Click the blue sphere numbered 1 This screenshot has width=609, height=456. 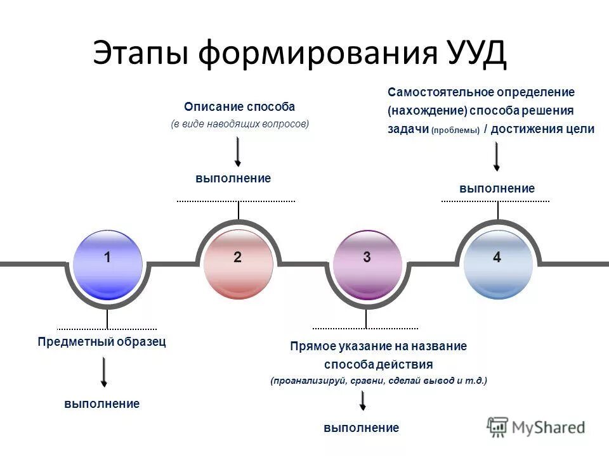[107, 265]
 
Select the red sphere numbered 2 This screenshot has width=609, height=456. [239, 265]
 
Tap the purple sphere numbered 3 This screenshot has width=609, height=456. [367, 265]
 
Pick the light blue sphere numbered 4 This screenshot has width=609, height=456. [498, 265]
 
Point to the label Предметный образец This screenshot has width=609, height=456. [101, 342]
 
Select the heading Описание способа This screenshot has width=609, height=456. [240, 107]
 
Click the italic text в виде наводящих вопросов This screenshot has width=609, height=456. [240, 124]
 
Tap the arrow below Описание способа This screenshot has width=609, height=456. [238, 151]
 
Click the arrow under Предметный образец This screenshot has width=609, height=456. [104, 372]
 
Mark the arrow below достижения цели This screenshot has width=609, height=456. [497, 156]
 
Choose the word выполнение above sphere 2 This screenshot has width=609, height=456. [233, 179]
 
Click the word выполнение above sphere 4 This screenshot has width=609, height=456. [497, 189]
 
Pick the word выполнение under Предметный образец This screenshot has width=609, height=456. [101, 403]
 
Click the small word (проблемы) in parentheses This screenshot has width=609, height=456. [455, 130]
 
